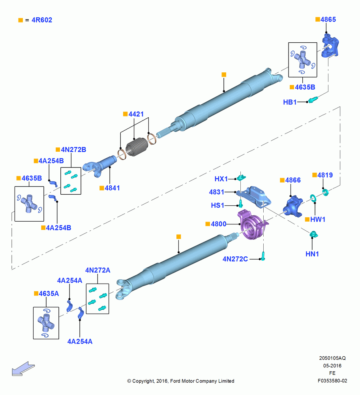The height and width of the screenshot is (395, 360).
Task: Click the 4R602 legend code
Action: [x=42, y=20]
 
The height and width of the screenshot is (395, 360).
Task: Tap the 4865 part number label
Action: [x=328, y=19]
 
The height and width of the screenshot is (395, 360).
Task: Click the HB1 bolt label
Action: [x=290, y=102]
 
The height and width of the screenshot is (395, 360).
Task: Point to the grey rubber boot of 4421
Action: [x=137, y=147]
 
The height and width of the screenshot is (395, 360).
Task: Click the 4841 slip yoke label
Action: [x=112, y=188]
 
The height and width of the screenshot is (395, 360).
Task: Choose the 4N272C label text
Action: [x=235, y=259]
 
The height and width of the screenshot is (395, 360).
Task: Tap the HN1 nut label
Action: [x=312, y=254]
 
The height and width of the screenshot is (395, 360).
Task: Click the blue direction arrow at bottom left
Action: [x=23, y=369]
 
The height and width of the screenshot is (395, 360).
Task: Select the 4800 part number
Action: [x=219, y=224]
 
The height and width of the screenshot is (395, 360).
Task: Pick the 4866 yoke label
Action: [x=293, y=180]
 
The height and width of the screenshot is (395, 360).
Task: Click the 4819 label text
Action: [x=325, y=175]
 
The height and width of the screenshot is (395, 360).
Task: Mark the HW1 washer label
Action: [x=318, y=219]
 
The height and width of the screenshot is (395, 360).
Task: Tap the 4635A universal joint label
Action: [x=49, y=293]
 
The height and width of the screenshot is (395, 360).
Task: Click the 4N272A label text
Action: [x=97, y=270]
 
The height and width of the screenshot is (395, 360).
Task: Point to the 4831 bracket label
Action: [x=216, y=192]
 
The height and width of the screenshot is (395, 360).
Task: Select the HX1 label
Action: [x=221, y=179]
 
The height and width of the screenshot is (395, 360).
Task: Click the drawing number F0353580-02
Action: [x=332, y=381]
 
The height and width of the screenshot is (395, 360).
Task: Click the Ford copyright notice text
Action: [x=181, y=381]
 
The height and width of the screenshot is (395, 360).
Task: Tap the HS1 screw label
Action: [x=217, y=205]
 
